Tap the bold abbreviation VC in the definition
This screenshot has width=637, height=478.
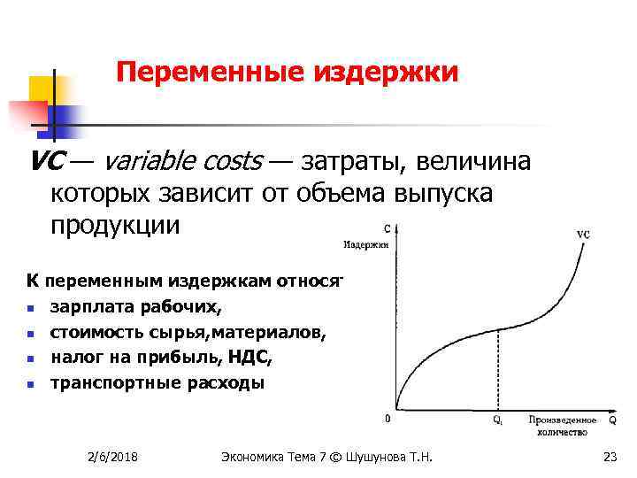(44, 162)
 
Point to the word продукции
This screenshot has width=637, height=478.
(115, 225)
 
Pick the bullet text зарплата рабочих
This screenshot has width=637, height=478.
(137, 307)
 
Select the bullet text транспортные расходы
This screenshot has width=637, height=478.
(157, 382)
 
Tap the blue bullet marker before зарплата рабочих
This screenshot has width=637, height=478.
(30, 309)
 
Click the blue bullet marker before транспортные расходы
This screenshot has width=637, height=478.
(30, 384)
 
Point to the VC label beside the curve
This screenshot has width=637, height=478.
(583, 235)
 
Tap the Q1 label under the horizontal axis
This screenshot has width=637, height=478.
(499, 420)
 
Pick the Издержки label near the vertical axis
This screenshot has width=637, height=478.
(365, 242)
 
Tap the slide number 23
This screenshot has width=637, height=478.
(609, 456)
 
